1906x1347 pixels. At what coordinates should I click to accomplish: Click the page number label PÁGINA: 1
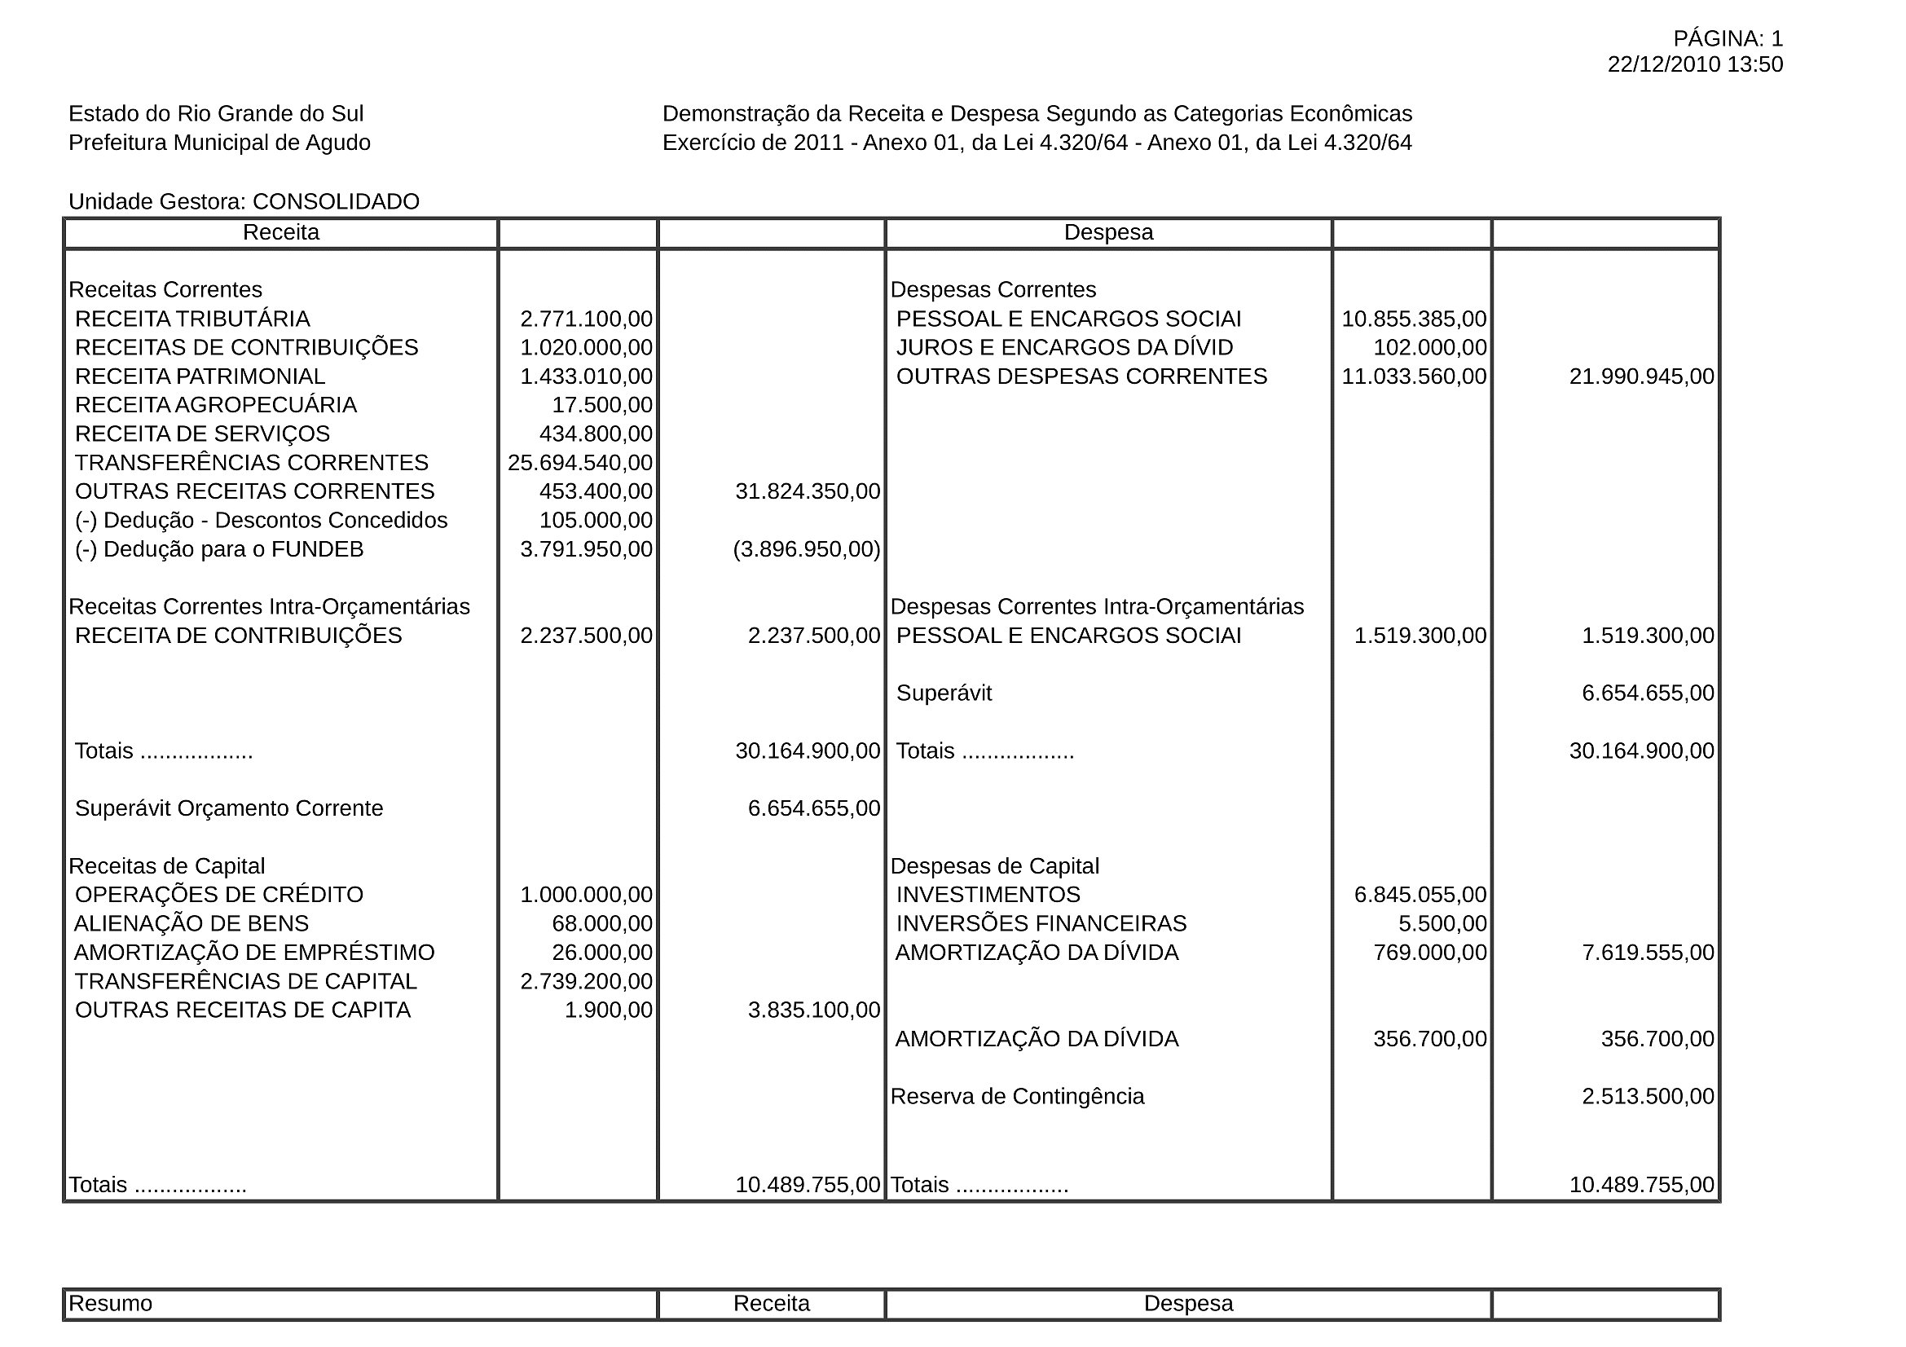pyautogui.click(x=1728, y=38)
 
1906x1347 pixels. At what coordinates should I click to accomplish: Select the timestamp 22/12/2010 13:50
pyautogui.click(x=1694, y=64)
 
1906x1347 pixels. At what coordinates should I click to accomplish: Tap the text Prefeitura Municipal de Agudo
pyautogui.click(x=219, y=143)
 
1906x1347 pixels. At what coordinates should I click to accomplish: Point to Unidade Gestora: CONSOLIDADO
pyautogui.click(x=244, y=201)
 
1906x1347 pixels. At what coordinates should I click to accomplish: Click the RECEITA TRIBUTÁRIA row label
pyautogui.click(x=191, y=319)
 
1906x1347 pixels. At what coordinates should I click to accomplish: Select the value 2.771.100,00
pyautogui.click(x=586, y=319)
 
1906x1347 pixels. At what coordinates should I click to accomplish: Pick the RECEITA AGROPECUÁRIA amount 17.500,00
pyautogui.click(x=602, y=405)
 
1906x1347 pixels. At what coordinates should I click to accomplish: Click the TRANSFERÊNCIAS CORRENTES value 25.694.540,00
pyautogui.click(x=580, y=462)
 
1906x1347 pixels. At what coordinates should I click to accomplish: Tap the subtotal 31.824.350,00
pyautogui.click(x=807, y=491)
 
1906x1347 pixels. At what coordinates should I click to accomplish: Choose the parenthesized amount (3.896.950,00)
pyautogui.click(x=806, y=549)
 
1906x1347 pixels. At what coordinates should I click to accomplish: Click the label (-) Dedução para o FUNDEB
pyautogui.click(x=219, y=549)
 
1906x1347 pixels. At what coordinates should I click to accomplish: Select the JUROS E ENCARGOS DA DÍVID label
pyautogui.click(x=1064, y=348)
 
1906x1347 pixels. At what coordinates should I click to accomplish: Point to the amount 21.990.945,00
pyautogui.click(x=1641, y=376)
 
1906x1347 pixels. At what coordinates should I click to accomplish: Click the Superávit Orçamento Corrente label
pyautogui.click(x=229, y=808)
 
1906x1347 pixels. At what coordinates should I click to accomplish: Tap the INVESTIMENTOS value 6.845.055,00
pyautogui.click(x=1420, y=895)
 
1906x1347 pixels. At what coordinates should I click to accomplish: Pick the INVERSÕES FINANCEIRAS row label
pyautogui.click(x=1041, y=924)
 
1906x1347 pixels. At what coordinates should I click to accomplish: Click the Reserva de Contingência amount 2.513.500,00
pyautogui.click(x=1648, y=1096)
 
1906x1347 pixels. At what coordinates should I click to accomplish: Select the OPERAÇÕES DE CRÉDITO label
pyautogui.click(x=219, y=895)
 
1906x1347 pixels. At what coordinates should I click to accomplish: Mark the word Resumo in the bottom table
pyautogui.click(x=110, y=1303)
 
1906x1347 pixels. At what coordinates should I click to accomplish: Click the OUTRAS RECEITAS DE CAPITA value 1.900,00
pyautogui.click(x=609, y=1010)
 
